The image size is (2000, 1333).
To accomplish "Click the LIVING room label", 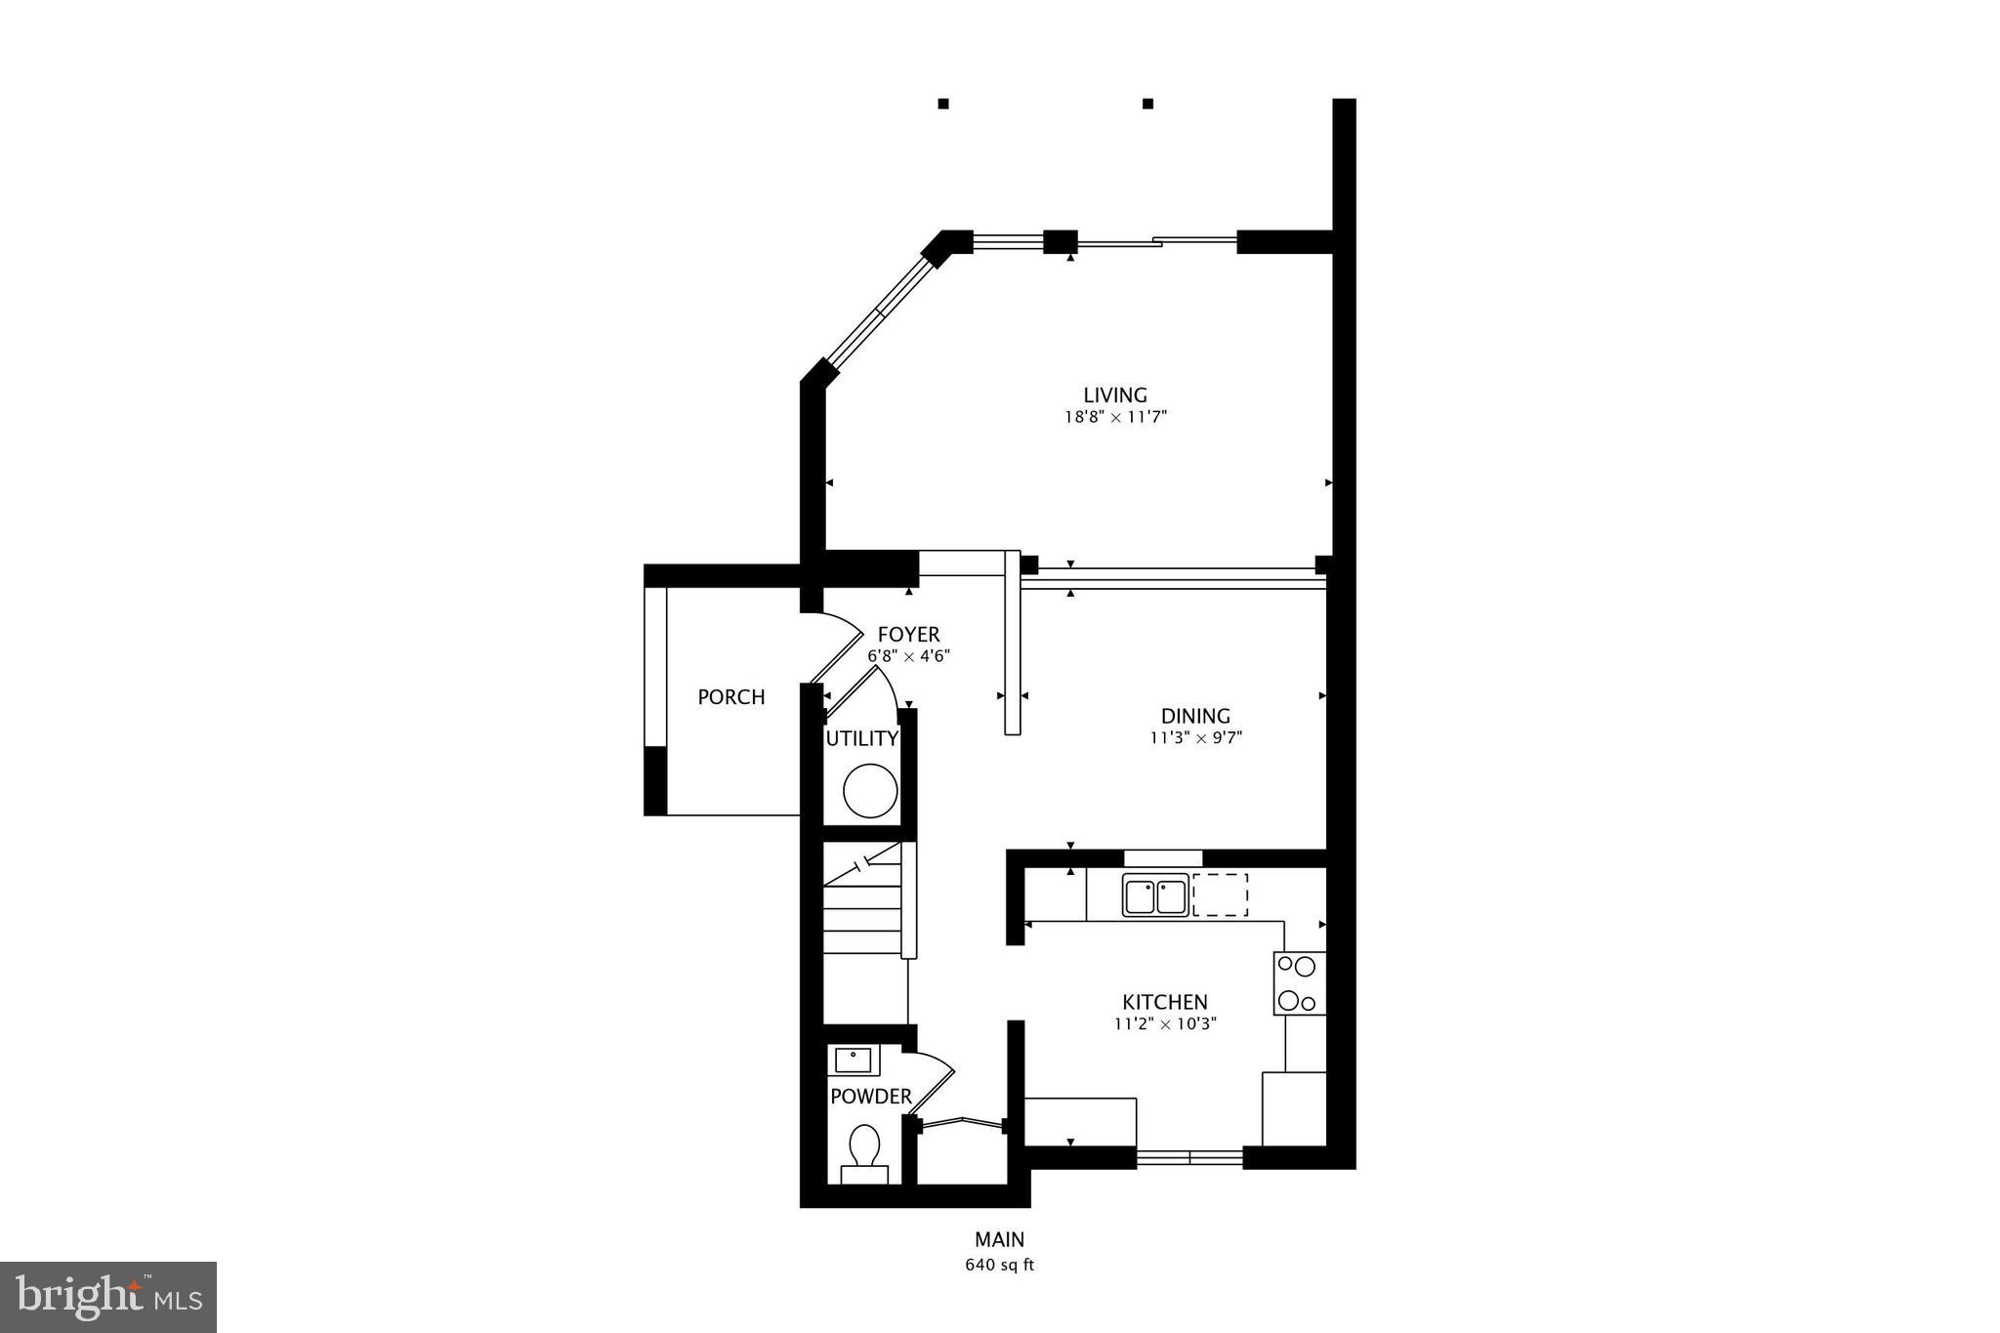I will pos(1114,396).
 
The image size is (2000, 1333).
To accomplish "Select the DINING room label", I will pos(1195,716).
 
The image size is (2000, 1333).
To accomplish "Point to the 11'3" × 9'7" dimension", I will pos(1195,738).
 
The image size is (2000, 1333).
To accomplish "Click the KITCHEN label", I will pos(1164,1002).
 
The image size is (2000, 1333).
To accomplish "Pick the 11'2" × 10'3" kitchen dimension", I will pos(1165,1024).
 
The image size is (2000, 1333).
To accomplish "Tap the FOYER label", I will pos(908,635).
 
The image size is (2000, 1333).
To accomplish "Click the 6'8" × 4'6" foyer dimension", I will pos(908,657).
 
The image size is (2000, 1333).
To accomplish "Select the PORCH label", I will pos(730,697).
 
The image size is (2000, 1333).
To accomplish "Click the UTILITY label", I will pos(861,739).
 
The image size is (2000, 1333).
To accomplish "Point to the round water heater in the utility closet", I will pos(869,792).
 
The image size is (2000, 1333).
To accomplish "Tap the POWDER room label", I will pos(870,1097).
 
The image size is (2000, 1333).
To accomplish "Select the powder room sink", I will pos(854,1060).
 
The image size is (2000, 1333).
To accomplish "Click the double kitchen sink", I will pos(1154,896).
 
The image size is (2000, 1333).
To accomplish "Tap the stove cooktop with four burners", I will pos(1299,983).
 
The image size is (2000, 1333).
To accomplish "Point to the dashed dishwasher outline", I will pos(1220,896).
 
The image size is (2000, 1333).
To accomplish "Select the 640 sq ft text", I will pos(999,1266).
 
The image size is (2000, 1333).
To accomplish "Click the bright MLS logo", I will pos(108,1297).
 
